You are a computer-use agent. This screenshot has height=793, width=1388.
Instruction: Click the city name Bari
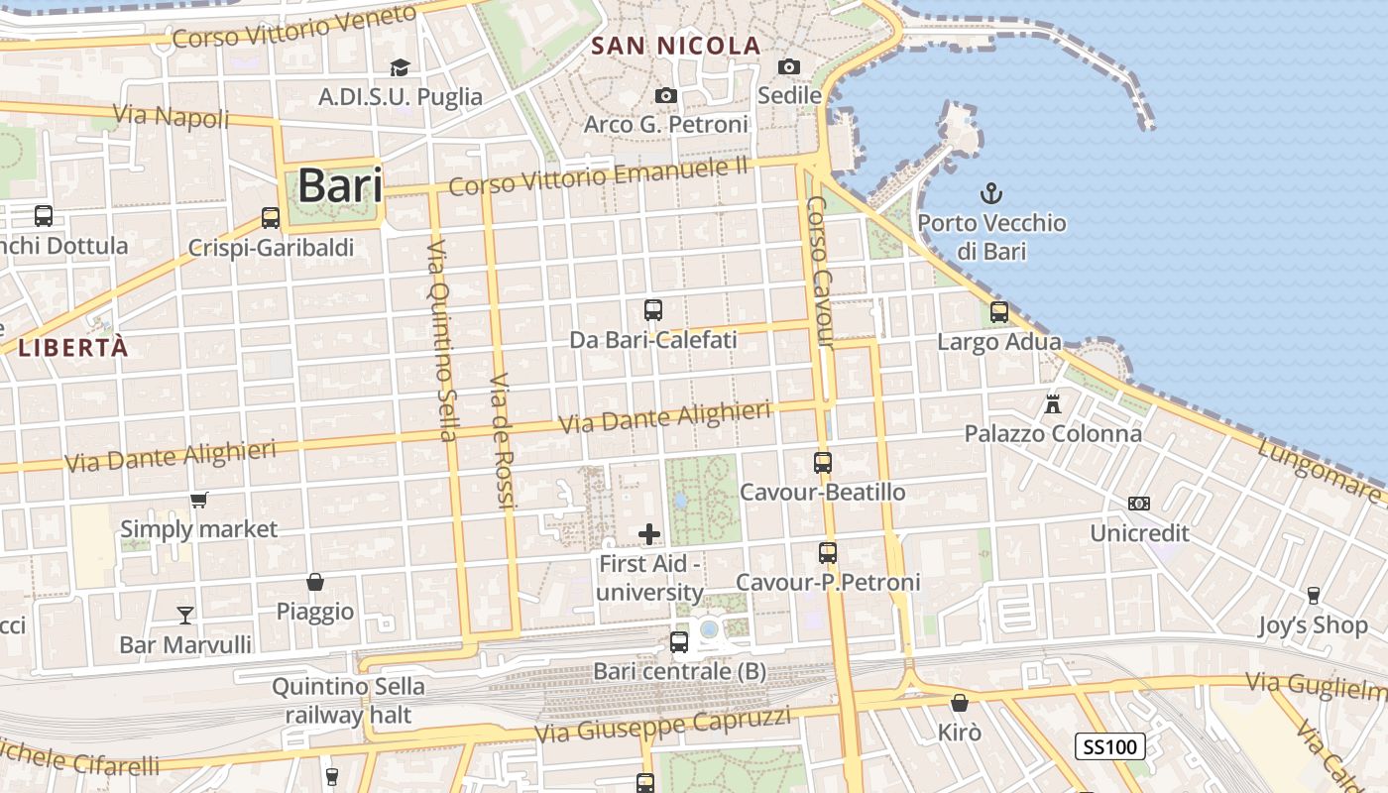click(339, 185)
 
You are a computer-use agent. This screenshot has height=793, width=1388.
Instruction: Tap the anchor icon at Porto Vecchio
click(990, 193)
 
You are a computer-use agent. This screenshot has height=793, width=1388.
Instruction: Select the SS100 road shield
click(1110, 746)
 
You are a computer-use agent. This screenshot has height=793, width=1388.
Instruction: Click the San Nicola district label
click(675, 46)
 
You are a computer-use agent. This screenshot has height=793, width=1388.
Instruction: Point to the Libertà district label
click(73, 347)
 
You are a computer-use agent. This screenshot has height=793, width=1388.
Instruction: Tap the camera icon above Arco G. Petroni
click(666, 95)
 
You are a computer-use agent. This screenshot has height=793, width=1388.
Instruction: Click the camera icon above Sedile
click(789, 66)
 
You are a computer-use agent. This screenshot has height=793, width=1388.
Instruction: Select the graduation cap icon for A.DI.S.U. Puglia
click(400, 67)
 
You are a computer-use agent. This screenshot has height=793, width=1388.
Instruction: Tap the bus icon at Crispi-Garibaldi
click(271, 218)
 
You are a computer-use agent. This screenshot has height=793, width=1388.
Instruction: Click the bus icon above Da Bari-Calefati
click(653, 310)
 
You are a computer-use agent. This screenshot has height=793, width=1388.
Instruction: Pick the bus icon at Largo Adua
click(999, 312)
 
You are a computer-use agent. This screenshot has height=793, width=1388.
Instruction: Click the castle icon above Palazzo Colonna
click(1052, 403)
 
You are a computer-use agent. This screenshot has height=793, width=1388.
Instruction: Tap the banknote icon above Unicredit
click(1139, 504)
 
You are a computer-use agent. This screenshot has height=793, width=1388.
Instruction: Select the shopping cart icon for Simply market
click(199, 500)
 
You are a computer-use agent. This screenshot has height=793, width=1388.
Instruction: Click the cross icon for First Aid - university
click(649, 535)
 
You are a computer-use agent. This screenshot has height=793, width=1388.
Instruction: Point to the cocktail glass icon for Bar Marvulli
click(185, 616)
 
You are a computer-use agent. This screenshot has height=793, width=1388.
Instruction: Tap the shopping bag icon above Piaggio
click(315, 582)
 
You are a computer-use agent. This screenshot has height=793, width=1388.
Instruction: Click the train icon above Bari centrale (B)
click(679, 642)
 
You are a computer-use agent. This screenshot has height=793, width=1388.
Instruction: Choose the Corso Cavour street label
click(820, 273)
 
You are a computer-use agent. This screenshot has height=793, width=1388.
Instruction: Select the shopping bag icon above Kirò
click(960, 703)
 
